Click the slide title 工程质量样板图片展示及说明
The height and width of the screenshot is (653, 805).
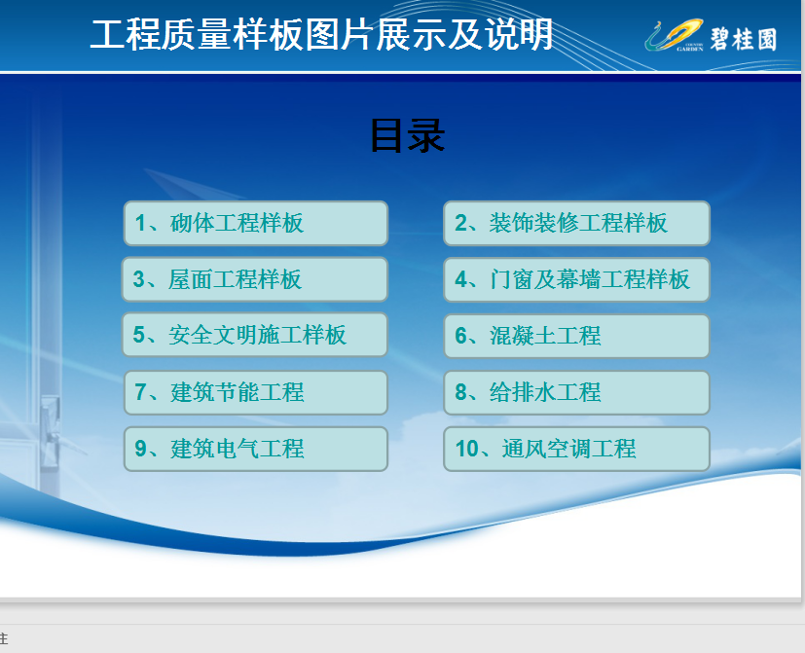click(322, 34)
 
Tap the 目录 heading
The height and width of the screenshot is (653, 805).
click(408, 136)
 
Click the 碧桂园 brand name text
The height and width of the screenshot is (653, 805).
click(744, 40)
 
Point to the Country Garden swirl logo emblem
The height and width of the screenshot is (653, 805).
click(675, 35)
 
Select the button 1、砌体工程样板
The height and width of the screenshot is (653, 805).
click(256, 223)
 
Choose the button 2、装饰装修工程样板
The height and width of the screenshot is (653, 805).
click(576, 223)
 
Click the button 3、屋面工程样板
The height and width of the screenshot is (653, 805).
click(255, 279)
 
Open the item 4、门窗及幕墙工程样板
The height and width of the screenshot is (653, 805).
click(576, 279)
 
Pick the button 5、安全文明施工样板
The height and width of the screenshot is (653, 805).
click(255, 335)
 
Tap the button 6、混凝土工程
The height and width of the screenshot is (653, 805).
click(576, 336)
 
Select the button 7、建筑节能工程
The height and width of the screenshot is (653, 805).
click(256, 392)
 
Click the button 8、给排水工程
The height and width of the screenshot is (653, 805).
click(576, 392)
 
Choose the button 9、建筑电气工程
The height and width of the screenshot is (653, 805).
click(256, 449)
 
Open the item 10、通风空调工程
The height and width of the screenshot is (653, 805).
click(576, 449)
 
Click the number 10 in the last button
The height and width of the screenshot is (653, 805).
click(466, 449)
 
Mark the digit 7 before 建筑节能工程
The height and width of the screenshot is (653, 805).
click(140, 392)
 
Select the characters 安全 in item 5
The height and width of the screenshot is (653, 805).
click(191, 335)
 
